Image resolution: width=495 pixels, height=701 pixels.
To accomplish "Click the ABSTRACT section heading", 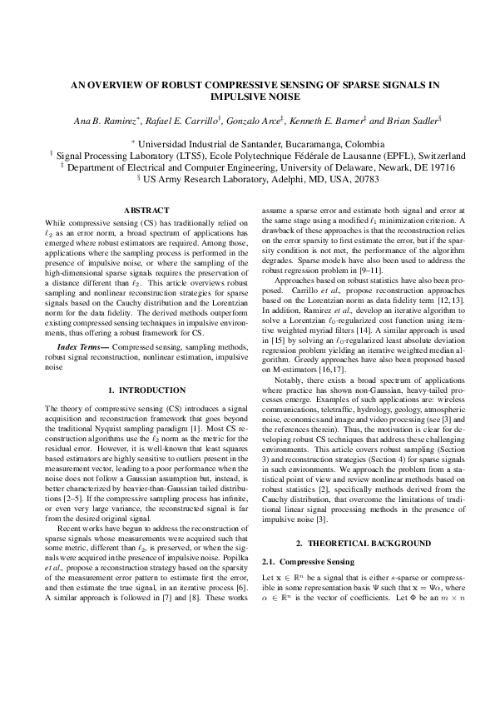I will tap(146, 211).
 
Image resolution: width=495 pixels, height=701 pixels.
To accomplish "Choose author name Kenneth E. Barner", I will tap(329, 122).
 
